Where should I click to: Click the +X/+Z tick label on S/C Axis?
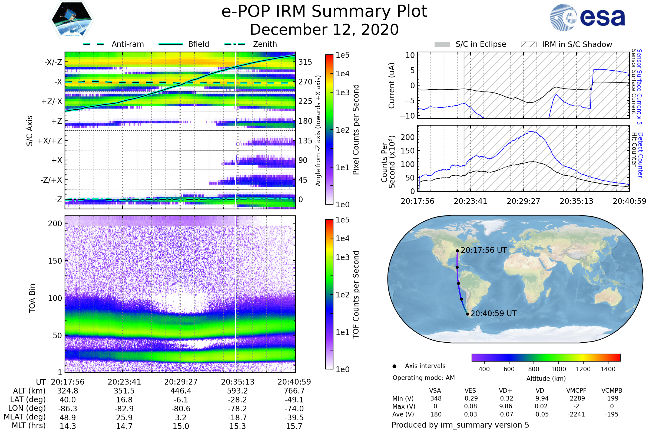[50, 141]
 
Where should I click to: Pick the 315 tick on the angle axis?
[305, 62]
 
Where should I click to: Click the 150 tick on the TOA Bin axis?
[55, 261]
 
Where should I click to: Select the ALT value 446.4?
[181, 391]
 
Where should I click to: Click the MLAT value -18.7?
[238, 418]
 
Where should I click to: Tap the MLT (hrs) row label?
[28, 425]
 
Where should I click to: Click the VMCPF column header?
[576, 391]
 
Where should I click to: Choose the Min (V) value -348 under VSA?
[435, 398]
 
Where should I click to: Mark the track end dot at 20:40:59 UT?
[467, 314]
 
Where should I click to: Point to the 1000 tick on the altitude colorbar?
[558, 369]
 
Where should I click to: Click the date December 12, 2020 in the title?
[324, 29]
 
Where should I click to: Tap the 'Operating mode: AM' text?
[423, 378]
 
